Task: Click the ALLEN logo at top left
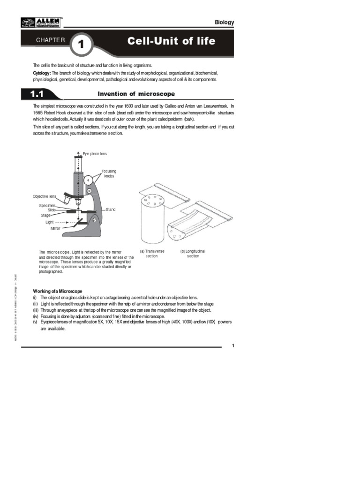pyautogui.click(x=42, y=22)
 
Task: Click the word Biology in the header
pyautogui.click(x=224, y=22)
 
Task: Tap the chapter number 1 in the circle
pyautogui.click(x=81, y=45)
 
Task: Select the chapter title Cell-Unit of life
pyautogui.click(x=171, y=41)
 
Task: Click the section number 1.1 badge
pyautogui.click(x=37, y=94)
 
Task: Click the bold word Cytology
pyautogui.click(x=41, y=74)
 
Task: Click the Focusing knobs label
pyautogui.click(x=109, y=173)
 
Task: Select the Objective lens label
pyautogui.click(x=44, y=196)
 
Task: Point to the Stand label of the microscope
pyautogui.click(x=111, y=210)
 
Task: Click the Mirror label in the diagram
pyautogui.click(x=55, y=228)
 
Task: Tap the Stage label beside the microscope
pyautogui.click(x=45, y=216)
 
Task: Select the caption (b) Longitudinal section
pyautogui.click(x=193, y=254)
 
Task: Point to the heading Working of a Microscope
pyautogui.click(x=57, y=292)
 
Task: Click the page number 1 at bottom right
pyautogui.click(x=232, y=345)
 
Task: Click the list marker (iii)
pyautogui.click(x=35, y=310)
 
